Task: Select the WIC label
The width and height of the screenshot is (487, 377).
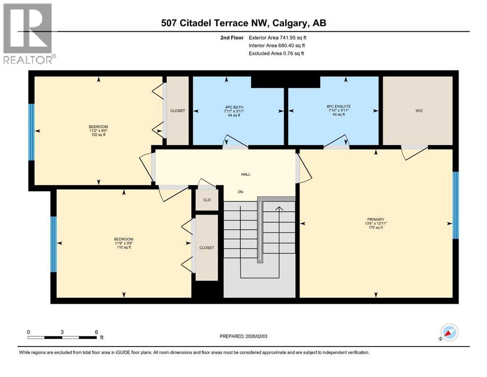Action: coord(418,110)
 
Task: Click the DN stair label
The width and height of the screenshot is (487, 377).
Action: coord(240,192)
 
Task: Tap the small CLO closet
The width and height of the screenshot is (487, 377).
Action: coord(207,200)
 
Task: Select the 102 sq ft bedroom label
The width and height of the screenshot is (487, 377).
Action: coord(98,131)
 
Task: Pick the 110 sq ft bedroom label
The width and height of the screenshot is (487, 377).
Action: coord(123,243)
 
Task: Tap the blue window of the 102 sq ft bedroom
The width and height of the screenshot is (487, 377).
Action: coord(31,132)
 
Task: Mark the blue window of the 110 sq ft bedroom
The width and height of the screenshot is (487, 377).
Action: coord(53,244)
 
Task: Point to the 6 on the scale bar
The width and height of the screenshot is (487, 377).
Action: coord(96,331)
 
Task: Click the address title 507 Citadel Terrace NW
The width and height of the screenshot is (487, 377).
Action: coord(244,23)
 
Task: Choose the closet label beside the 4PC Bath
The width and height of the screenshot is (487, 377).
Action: coord(178,111)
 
